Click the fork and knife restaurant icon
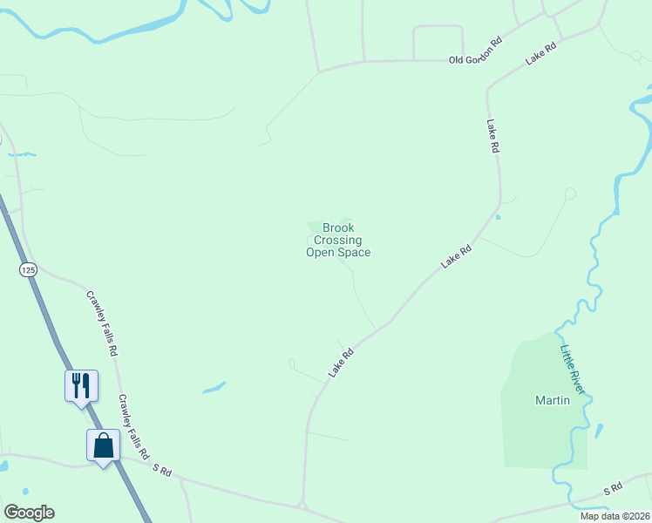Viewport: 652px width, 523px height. click(81, 384)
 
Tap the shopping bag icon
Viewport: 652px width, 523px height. click(103, 445)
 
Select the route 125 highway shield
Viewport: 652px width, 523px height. click(28, 270)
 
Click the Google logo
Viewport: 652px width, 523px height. click(29, 513)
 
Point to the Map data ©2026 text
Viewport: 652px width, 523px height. click(614, 516)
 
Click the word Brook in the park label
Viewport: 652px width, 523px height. click(338, 228)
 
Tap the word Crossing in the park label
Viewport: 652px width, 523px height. click(337, 241)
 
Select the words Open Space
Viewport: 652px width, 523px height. click(337, 253)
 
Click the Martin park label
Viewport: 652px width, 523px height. click(552, 401)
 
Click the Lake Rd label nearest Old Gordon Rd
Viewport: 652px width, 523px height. click(540, 54)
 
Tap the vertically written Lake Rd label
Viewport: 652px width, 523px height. click(492, 137)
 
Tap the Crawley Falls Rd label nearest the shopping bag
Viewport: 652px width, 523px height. click(134, 426)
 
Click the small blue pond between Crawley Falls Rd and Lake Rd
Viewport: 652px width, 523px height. click(214, 387)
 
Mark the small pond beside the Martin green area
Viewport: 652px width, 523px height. click(599, 431)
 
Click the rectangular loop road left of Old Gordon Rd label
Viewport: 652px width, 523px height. click(437, 43)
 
